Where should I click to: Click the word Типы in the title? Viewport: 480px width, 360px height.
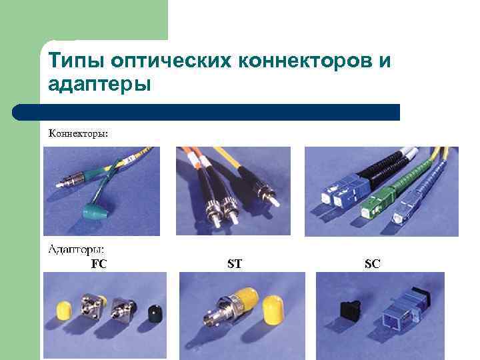point(77,60)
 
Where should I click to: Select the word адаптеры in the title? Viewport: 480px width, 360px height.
point(99,84)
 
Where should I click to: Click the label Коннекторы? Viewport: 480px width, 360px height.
point(79,134)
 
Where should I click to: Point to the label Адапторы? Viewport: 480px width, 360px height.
point(76,250)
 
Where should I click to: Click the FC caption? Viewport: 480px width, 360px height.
point(99,263)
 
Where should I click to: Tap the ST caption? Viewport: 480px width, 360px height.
point(235,263)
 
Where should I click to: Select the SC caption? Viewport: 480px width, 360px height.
point(372,263)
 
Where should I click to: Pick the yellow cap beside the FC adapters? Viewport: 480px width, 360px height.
point(64,311)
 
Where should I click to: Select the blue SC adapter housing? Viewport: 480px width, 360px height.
point(405,311)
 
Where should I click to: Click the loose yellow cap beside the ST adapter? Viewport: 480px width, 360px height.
point(273,309)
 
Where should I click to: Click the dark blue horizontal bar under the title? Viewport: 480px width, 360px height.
point(206,113)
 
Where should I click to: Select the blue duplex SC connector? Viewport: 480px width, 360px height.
point(341,191)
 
